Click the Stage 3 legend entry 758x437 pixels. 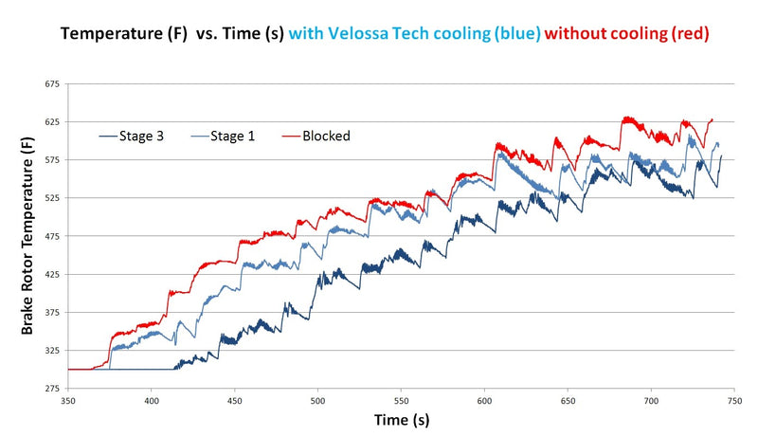[x=141, y=136]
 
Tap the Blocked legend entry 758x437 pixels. [x=326, y=136]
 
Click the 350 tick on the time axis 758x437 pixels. [x=68, y=401]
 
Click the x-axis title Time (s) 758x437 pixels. [x=398, y=418]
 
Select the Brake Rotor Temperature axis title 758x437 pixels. [x=29, y=237]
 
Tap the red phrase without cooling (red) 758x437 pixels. [x=627, y=34]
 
